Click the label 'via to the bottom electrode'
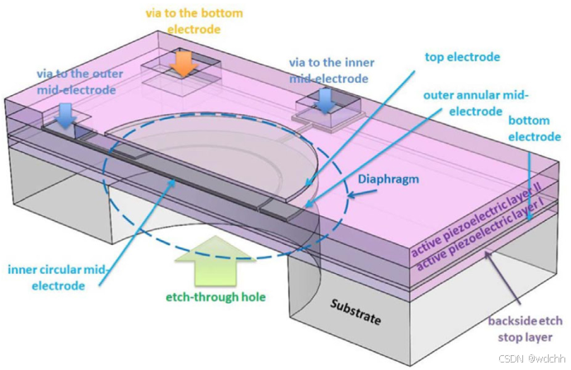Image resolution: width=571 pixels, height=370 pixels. coord(195,21)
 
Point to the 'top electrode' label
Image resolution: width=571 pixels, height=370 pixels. coord(462,57)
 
